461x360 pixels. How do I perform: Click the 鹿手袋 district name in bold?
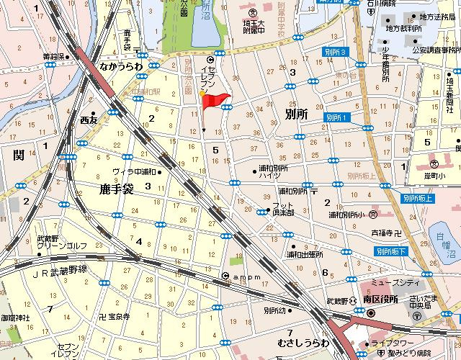117,189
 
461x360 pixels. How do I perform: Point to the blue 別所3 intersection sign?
336,53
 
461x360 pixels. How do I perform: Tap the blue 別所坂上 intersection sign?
417,198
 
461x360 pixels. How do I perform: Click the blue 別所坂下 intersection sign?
390,251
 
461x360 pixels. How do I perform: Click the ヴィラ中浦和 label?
135,171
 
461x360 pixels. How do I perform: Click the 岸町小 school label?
434,176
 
